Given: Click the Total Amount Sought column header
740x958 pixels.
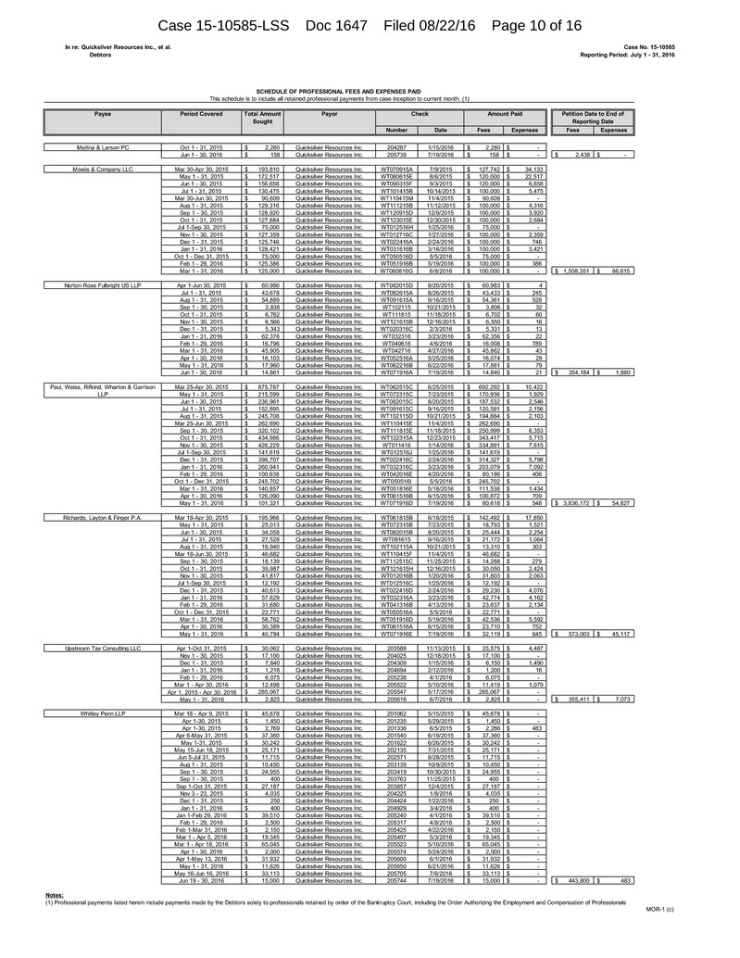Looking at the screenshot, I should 262,117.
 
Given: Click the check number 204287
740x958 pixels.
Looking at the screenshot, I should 396,147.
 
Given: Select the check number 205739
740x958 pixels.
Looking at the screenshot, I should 396,154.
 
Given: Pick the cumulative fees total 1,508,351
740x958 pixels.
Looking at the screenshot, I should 575,271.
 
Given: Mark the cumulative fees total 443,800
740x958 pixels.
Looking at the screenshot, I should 575,879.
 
